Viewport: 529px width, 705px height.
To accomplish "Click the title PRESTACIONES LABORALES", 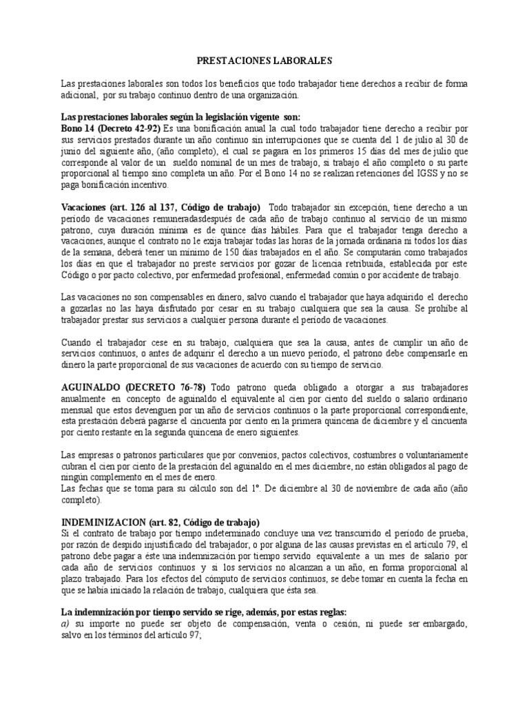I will (x=264, y=61).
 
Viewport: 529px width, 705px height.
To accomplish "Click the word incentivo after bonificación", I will (x=153, y=186).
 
